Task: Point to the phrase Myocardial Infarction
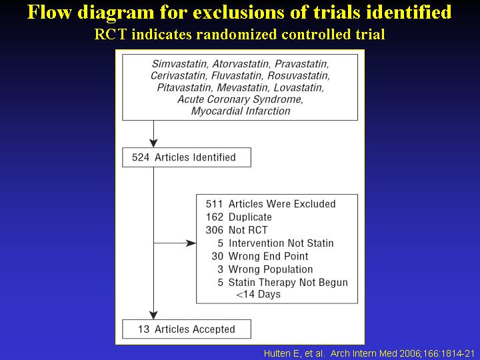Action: [x=241, y=111]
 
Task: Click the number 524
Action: [x=141, y=157]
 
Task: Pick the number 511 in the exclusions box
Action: [x=214, y=204]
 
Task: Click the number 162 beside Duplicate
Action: [x=214, y=217]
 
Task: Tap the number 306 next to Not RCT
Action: [x=214, y=230]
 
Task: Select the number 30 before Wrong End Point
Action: [x=217, y=256]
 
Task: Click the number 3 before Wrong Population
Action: [x=221, y=269]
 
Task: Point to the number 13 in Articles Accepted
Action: [x=143, y=329]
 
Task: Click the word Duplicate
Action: [x=250, y=217]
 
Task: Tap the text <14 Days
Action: [x=259, y=294]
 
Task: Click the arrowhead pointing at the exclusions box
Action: [x=191, y=243]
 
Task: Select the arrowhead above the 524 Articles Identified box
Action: [x=154, y=143]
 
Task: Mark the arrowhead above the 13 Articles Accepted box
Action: [x=154, y=315]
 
